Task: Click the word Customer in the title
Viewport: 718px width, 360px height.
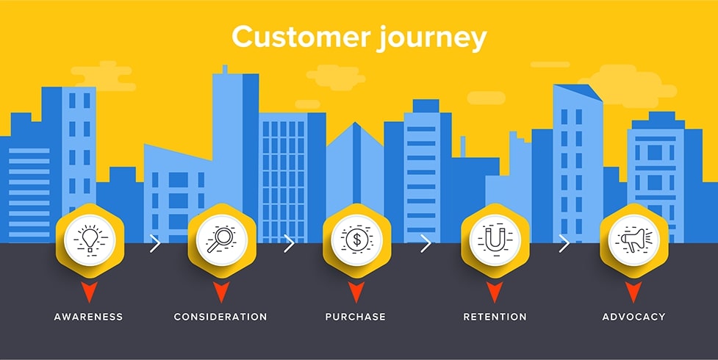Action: (287, 37)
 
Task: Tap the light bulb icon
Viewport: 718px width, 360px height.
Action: (89, 240)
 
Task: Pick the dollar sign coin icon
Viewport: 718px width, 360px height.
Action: (356, 240)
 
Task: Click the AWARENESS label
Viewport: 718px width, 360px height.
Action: (88, 317)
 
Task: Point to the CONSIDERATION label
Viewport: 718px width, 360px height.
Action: (220, 317)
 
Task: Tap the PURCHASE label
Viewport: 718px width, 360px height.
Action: (356, 317)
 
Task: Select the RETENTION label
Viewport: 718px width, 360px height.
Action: (495, 317)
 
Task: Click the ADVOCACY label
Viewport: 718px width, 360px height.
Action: (633, 317)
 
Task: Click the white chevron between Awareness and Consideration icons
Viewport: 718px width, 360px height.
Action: (154, 244)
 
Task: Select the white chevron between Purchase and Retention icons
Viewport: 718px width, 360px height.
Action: (426, 244)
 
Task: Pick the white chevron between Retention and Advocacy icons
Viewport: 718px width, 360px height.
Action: (564, 244)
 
